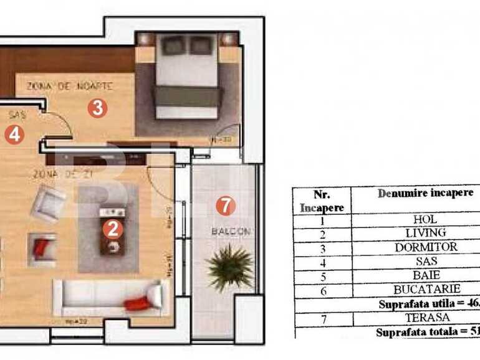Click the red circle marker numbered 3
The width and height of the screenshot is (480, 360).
[97, 108]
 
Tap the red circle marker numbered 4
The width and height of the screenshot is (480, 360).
[14, 135]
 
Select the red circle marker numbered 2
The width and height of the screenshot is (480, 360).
[112, 229]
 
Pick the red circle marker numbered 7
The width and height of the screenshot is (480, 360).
[226, 205]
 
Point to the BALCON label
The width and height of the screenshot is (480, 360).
[231, 231]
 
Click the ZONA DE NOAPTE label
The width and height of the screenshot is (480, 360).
[69, 85]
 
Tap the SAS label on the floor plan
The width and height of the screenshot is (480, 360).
[17, 115]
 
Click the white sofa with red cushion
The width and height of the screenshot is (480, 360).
[111, 296]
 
